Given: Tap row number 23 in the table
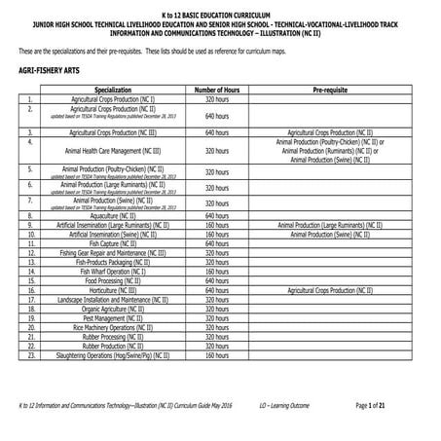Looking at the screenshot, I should (31, 355).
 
